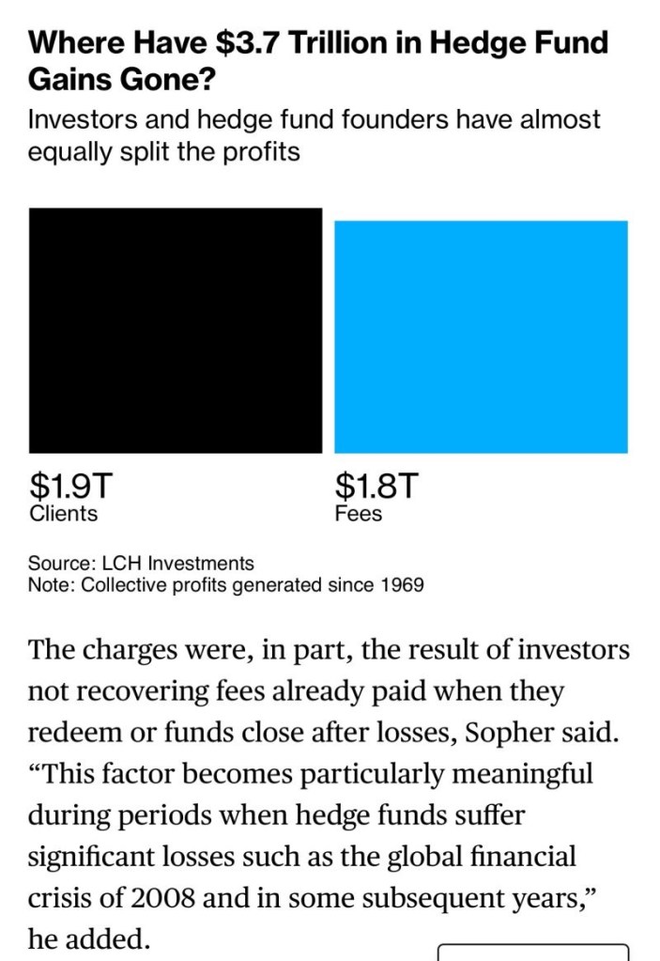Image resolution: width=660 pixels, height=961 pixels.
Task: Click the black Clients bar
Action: click(176, 330)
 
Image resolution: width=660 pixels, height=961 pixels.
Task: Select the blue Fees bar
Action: click(481, 336)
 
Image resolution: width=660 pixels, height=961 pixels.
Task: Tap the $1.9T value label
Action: click(70, 486)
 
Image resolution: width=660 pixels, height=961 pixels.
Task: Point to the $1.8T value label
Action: click(376, 486)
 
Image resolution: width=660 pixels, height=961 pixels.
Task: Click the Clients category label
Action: click(63, 514)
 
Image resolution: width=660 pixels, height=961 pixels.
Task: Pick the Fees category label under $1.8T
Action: click(358, 514)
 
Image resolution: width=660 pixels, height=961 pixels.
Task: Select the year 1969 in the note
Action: click(402, 585)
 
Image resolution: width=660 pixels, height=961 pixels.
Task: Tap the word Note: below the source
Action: click(52, 585)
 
